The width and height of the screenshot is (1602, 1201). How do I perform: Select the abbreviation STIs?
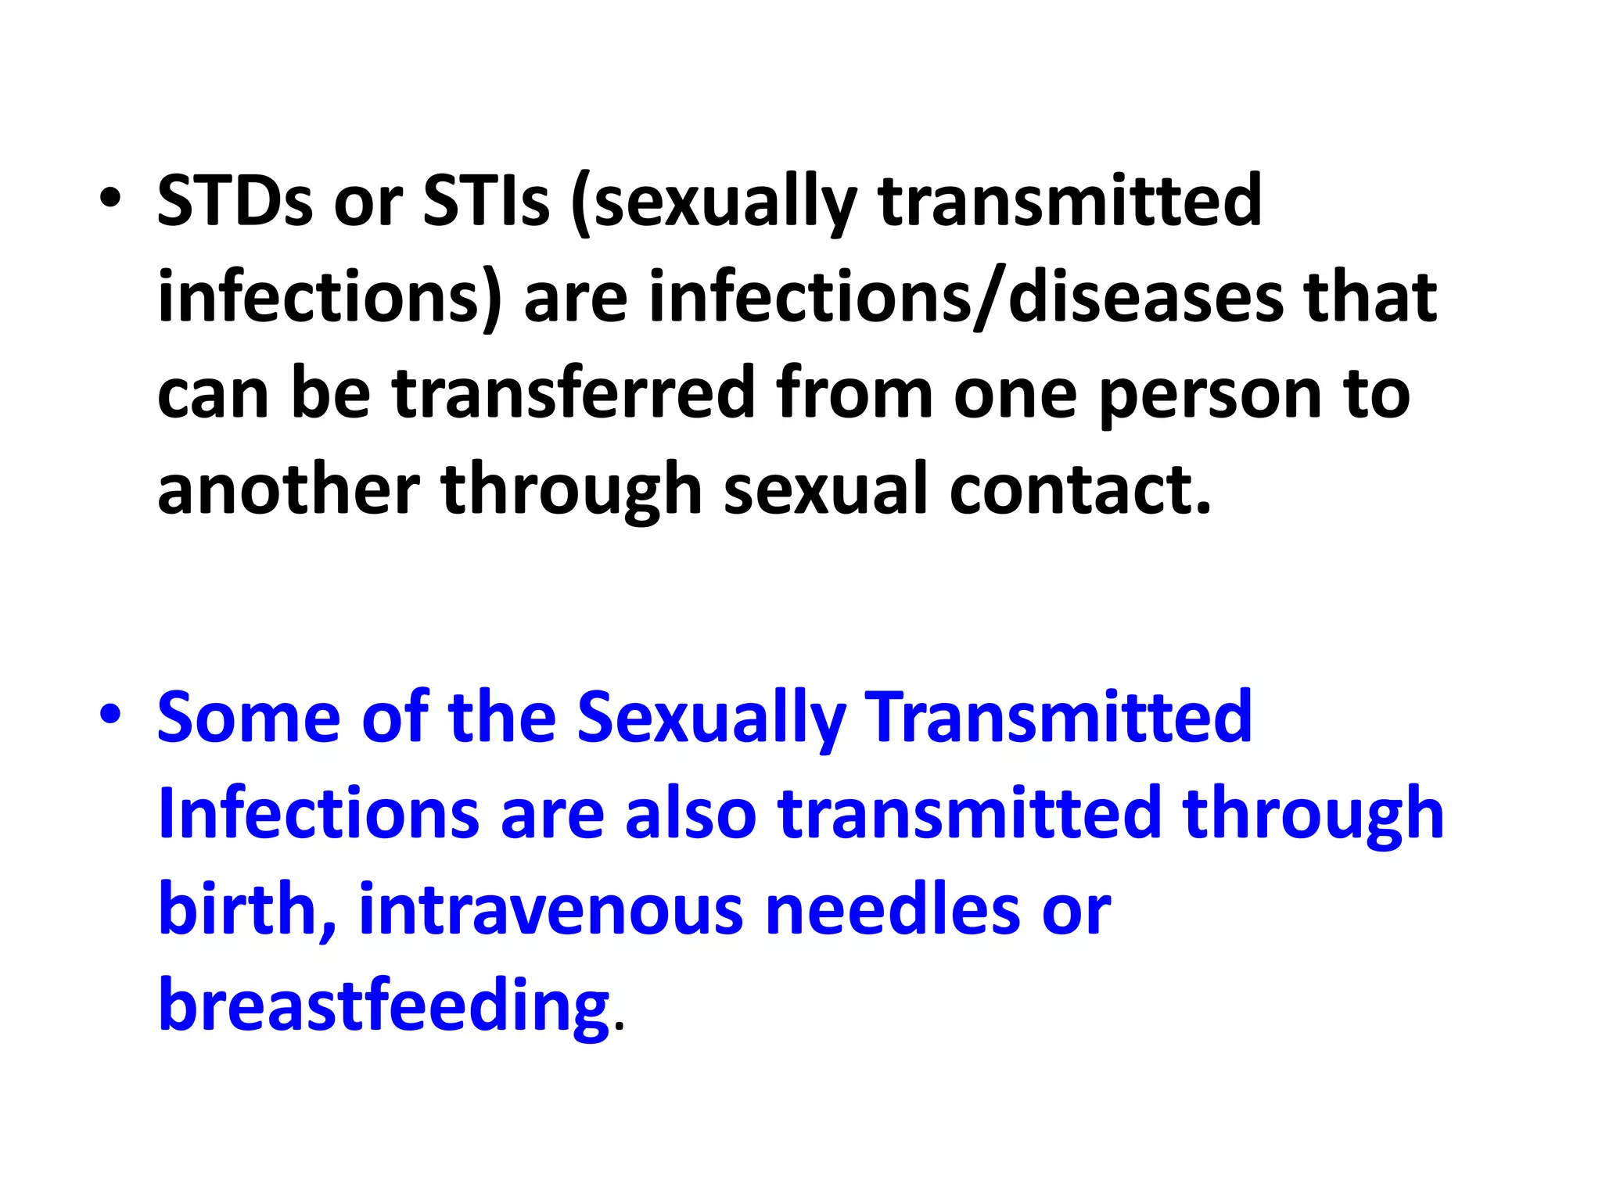pyautogui.click(x=486, y=201)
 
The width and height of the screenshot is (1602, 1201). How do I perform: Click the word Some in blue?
pyautogui.click(x=248, y=717)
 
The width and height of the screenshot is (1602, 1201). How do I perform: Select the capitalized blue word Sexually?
pyautogui.click(x=711, y=719)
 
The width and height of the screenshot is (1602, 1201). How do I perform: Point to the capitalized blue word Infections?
pyautogui.click(x=318, y=814)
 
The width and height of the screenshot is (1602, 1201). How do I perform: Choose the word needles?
pyautogui.click(x=893, y=909)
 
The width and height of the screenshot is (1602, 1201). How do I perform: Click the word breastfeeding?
pyautogui.click(x=383, y=1006)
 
